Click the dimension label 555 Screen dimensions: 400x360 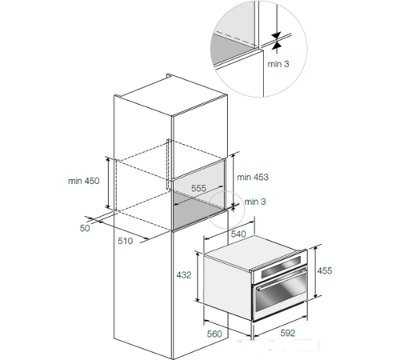point(198,188)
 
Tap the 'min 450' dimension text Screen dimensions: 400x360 point(84,181)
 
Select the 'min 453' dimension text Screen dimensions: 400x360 point(253,177)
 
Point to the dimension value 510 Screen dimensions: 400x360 point(125,241)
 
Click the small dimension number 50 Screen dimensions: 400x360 point(85,228)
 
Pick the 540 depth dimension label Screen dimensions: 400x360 point(238,234)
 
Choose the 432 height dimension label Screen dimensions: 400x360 point(184,275)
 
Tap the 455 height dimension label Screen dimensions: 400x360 point(325,270)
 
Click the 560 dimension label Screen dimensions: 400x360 point(214,334)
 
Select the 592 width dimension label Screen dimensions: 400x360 point(288,333)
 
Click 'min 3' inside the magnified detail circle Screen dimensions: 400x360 point(278,64)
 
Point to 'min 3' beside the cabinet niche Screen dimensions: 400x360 point(255,202)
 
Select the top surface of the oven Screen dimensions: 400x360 point(254,251)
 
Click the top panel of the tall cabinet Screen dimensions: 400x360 point(170,97)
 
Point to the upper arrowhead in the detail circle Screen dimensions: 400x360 point(277,35)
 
